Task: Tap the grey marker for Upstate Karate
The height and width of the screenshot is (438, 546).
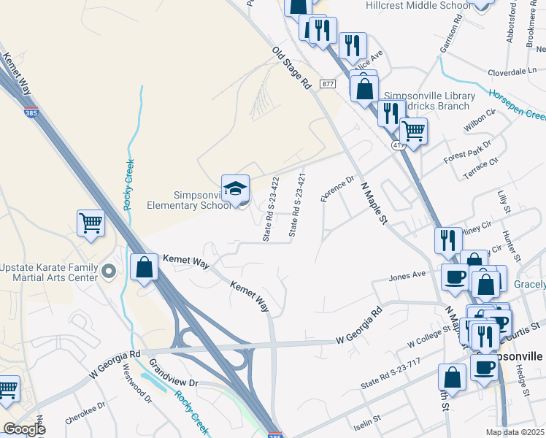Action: (109, 272)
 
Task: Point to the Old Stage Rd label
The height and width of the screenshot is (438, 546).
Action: (292, 68)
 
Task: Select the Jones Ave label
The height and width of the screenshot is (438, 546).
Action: (407, 275)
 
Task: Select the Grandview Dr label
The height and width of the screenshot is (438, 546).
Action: (174, 372)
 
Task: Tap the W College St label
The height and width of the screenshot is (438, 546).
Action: (431, 339)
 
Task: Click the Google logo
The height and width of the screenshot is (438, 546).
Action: (23, 429)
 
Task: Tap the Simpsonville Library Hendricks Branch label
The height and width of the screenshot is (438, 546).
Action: (429, 101)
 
